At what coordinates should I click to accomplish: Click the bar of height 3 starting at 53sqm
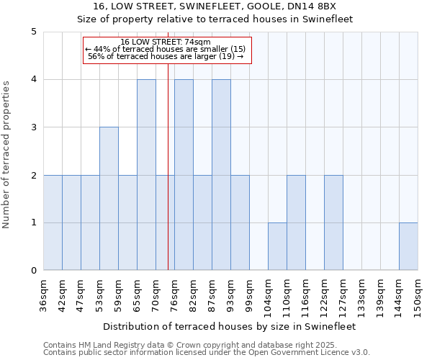tap(109, 199)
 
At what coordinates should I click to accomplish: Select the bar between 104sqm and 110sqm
tap(277, 246)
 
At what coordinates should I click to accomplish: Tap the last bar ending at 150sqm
tap(408, 246)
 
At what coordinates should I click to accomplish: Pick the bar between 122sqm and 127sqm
tap(333, 222)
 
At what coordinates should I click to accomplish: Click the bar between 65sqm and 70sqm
tap(146, 175)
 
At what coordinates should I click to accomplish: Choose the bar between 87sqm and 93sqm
tap(221, 175)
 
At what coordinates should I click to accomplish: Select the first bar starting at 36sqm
tap(53, 222)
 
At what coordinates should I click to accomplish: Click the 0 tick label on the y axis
tap(34, 271)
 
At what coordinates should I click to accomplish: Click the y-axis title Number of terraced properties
tap(7, 155)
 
